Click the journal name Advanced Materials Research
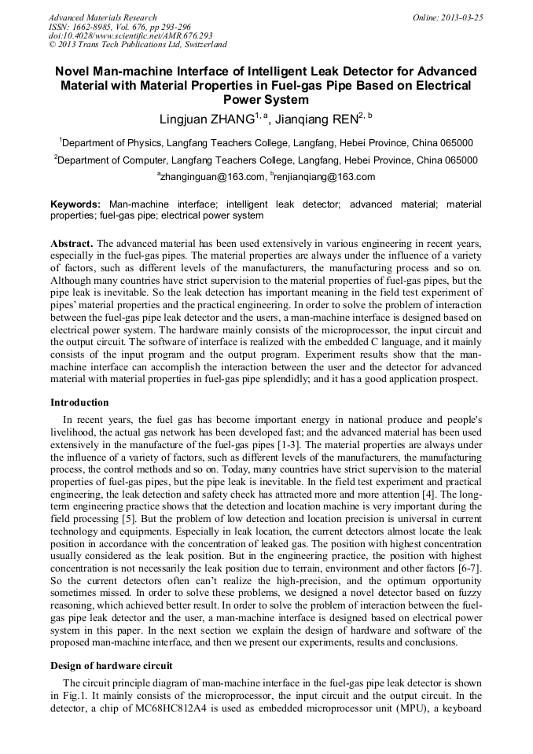coord(103,17)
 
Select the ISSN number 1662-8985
coord(97,27)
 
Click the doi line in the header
coord(130,35)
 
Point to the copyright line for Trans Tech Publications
coord(138,45)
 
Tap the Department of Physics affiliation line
coord(266,143)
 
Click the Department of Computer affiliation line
coord(266,160)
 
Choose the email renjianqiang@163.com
coord(324,177)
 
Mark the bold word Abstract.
coord(72,243)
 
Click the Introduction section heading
coord(79,402)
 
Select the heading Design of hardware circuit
coord(106,665)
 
